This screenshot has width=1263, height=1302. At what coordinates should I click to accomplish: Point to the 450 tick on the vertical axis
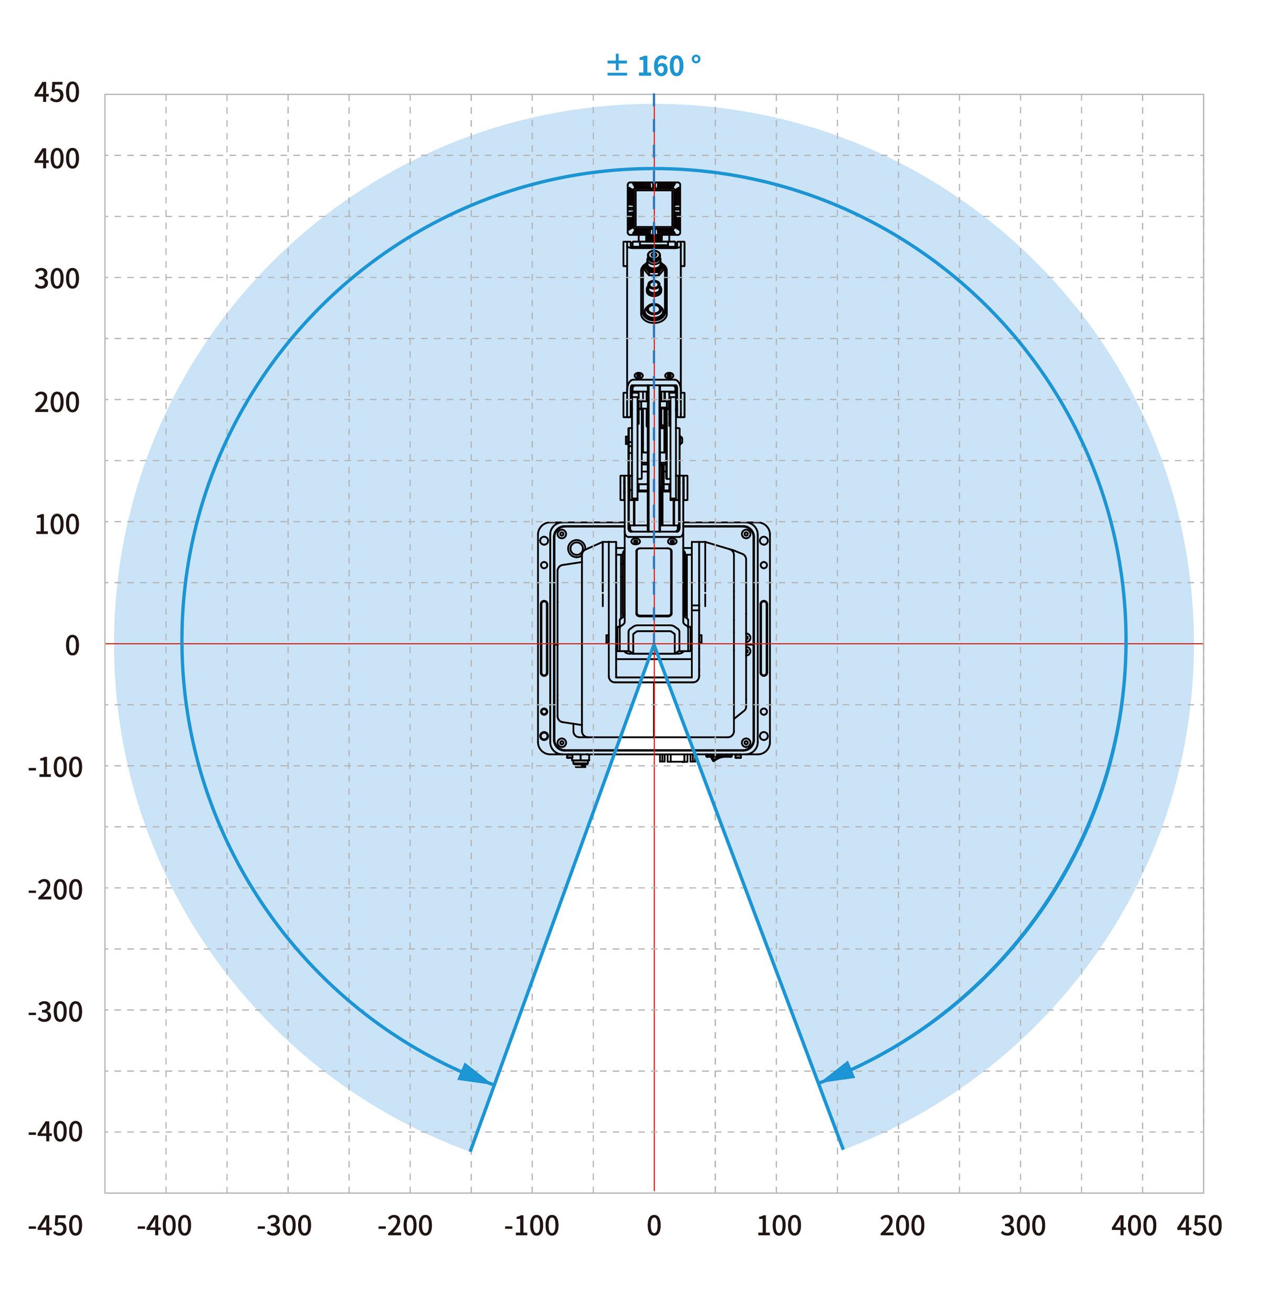click(x=57, y=92)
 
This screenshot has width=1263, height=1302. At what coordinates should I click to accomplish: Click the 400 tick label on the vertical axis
click(x=57, y=159)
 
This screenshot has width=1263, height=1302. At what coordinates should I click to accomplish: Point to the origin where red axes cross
click(x=654, y=644)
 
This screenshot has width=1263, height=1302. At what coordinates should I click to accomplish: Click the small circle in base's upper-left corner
click(x=576, y=548)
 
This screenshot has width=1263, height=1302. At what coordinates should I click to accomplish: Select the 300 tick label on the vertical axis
click(x=57, y=279)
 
